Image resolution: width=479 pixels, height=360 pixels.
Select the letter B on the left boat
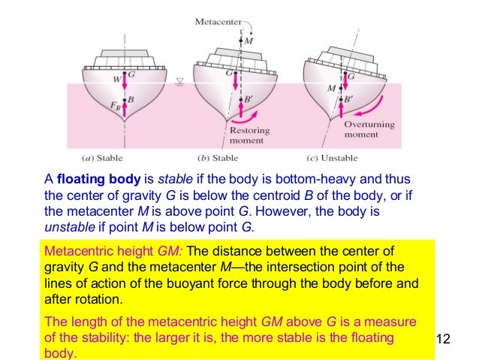tap(131, 98)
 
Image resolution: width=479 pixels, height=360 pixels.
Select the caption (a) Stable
tap(101, 159)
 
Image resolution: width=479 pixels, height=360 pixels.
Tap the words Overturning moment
tap(366, 131)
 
